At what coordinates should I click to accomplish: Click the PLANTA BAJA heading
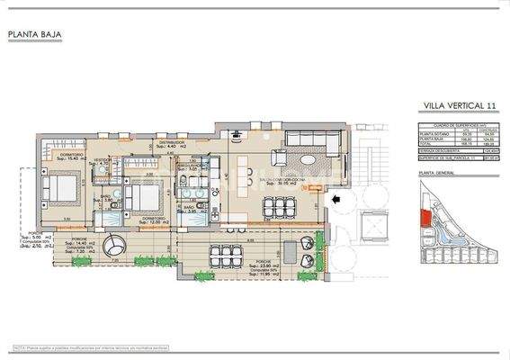(x=32, y=36)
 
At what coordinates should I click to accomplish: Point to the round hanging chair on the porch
(x=116, y=245)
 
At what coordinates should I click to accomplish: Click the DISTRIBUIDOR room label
(x=171, y=142)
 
